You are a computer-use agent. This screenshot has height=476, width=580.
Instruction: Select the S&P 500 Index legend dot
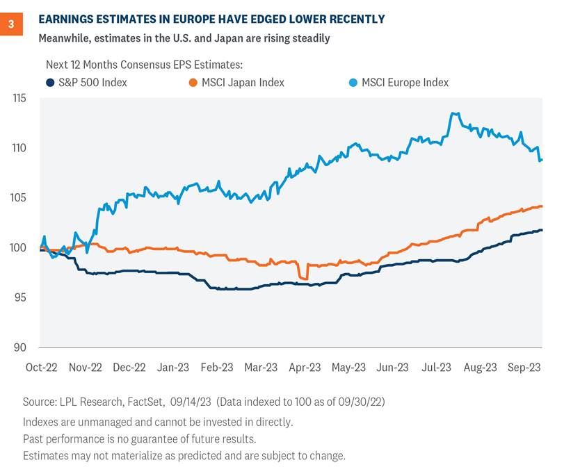pyautogui.click(x=50, y=83)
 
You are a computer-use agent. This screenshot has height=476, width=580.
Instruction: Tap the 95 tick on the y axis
pyautogui.click(x=26, y=297)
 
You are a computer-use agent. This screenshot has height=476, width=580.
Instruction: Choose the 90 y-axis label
pyautogui.click(x=26, y=348)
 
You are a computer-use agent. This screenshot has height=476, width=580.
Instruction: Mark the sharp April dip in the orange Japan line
pyautogui.click(x=303, y=278)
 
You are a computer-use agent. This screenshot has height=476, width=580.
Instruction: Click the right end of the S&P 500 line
pyautogui.click(x=542, y=230)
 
